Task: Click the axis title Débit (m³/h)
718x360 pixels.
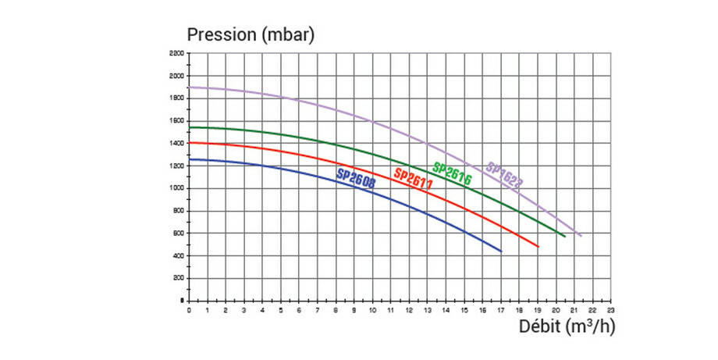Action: [567, 326]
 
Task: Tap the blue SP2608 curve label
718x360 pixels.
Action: [357, 177]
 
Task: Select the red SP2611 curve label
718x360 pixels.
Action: [414, 176]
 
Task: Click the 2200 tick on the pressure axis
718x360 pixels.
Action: [176, 54]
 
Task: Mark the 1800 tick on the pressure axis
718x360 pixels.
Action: [176, 98]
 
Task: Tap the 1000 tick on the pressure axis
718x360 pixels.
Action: [176, 188]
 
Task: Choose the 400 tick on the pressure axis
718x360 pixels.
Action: [178, 256]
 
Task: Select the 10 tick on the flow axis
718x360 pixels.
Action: [372, 310]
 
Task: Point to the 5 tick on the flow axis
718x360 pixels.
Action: [281, 310]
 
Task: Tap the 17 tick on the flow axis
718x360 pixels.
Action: [501, 310]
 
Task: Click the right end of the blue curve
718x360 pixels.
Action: [501, 251]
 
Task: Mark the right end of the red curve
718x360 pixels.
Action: [538, 247]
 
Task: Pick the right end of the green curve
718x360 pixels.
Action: [565, 236]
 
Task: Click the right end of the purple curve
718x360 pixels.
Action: [581, 235]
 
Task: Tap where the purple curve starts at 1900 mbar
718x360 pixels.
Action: [190, 87]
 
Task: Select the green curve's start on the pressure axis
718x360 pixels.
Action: [190, 127]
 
